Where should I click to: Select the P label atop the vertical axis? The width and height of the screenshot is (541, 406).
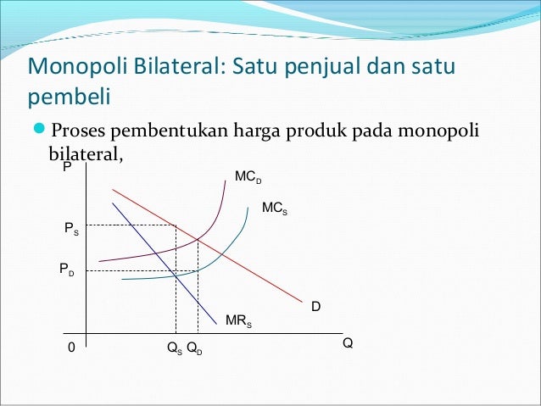(66, 169)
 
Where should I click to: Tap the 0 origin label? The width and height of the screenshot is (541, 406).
(71, 348)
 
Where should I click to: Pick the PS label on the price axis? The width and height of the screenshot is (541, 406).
(71, 229)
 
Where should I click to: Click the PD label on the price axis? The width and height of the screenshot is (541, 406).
(66, 269)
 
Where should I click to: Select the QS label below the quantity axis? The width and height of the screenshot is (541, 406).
(174, 348)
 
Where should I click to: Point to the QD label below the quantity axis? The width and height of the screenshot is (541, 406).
(194, 348)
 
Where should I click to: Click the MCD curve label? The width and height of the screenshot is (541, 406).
(248, 177)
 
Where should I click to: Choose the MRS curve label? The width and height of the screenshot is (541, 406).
(238, 321)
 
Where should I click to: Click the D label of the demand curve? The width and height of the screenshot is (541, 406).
(315, 305)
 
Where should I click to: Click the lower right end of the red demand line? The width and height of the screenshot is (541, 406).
(303, 300)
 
